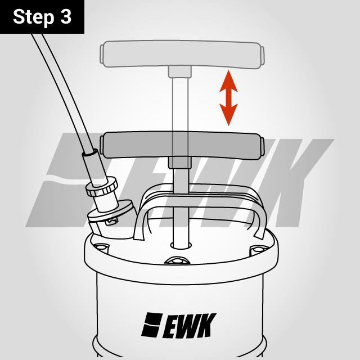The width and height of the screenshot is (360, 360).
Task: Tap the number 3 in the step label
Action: (x=65, y=17)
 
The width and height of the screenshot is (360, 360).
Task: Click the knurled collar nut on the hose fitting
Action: (x=101, y=188)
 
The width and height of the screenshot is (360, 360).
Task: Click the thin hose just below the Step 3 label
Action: (x=51, y=62)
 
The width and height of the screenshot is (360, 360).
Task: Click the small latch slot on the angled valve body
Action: (x=111, y=221)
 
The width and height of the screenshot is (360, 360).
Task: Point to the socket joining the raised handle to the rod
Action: (x=179, y=71)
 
